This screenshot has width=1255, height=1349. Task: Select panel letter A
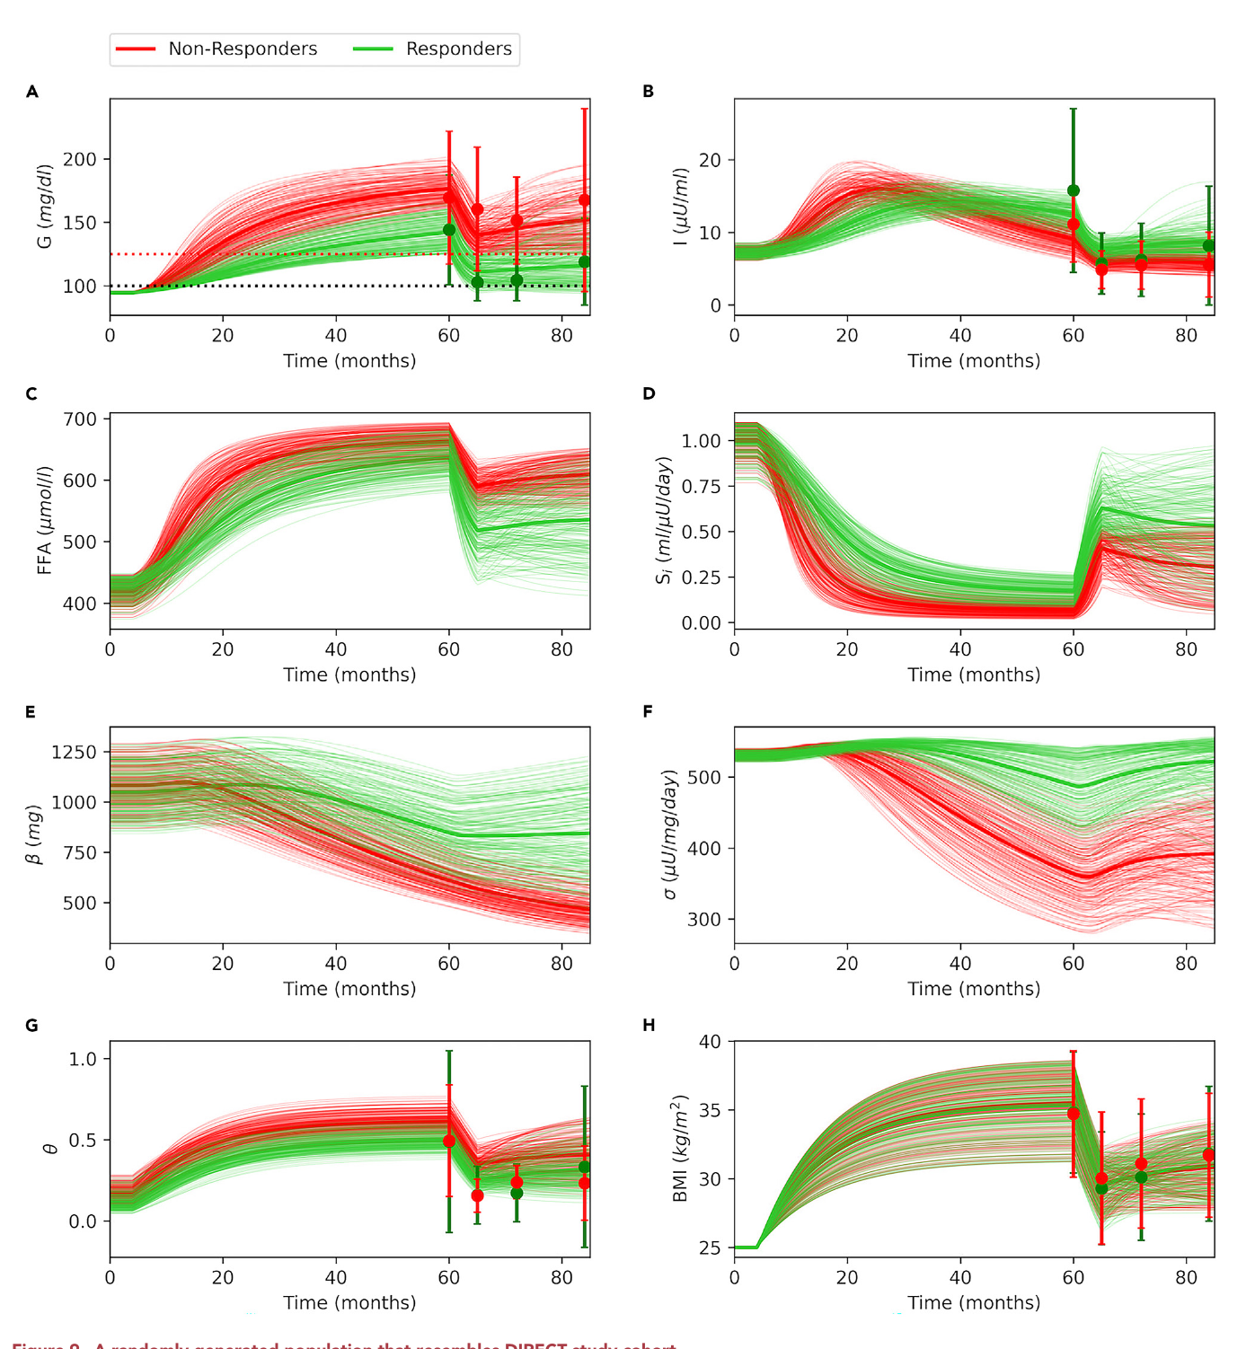[x=32, y=92]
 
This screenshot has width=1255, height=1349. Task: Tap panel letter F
[x=648, y=712]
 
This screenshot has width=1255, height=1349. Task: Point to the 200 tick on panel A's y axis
[x=80, y=160]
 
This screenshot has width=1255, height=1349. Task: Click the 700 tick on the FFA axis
[x=80, y=419]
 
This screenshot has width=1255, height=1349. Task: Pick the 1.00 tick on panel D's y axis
[x=701, y=441]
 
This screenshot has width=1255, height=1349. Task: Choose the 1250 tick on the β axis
[x=75, y=753]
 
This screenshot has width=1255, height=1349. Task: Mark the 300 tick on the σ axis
[x=704, y=920]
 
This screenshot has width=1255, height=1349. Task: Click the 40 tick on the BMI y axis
[x=710, y=1042]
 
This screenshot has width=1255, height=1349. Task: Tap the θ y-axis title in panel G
[x=50, y=1148]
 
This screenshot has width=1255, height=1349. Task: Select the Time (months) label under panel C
[x=349, y=674]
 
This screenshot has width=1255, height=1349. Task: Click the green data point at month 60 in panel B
[x=1073, y=190]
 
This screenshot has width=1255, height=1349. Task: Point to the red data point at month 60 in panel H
[x=1073, y=1114]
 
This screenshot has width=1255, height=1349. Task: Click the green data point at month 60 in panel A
[x=449, y=230]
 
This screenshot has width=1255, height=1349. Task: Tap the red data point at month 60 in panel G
[x=449, y=1142]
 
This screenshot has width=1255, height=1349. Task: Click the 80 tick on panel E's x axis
[x=561, y=964]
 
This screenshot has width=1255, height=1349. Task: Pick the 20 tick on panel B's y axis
[x=710, y=160]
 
